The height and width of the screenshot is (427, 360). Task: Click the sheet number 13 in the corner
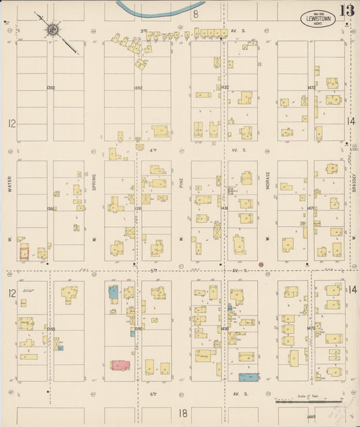346,11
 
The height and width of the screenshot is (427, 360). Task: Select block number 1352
51,88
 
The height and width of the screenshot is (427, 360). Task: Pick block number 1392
138,88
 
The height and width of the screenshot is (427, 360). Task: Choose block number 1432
224,87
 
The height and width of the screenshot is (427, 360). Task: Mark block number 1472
311,87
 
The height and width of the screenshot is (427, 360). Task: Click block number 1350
51,328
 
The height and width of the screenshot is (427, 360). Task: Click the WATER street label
11,185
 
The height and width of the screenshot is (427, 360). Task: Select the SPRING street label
95,182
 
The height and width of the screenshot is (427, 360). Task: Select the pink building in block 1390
121,365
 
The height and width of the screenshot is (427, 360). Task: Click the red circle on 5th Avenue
261,265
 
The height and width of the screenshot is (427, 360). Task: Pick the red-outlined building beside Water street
24,253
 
